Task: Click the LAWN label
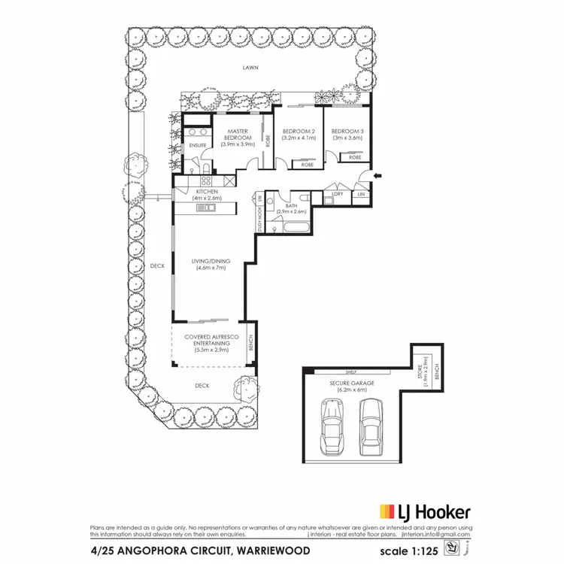tap(250, 67)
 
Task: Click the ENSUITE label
tap(197, 144)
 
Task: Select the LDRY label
tap(337, 194)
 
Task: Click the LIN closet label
tap(362, 194)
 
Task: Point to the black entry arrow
tap(378, 176)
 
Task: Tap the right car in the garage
tap(370, 425)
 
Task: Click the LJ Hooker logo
tap(425, 512)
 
